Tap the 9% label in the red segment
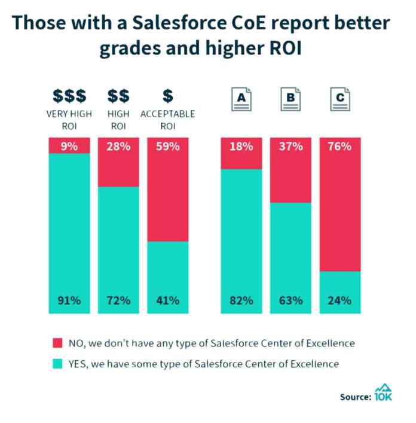point(69,146)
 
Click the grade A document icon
point(241,99)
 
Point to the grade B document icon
point(290,99)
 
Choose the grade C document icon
point(340,99)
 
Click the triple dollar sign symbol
point(69,96)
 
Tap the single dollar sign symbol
point(168,96)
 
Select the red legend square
point(57,343)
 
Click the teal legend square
point(57,364)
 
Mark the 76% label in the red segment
point(340,146)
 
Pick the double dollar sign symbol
point(118,96)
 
